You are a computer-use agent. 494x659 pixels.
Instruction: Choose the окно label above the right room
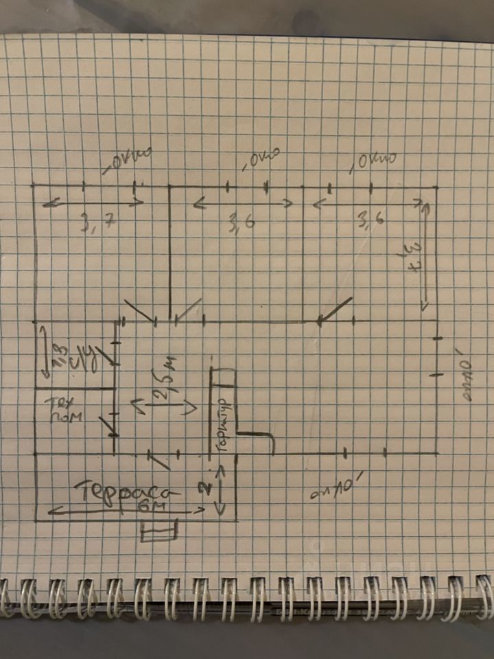[373, 162]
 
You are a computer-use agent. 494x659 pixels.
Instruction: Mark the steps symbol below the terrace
[158, 531]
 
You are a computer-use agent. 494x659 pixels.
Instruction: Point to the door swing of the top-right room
[334, 310]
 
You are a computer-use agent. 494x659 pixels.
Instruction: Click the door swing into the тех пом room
[107, 425]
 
